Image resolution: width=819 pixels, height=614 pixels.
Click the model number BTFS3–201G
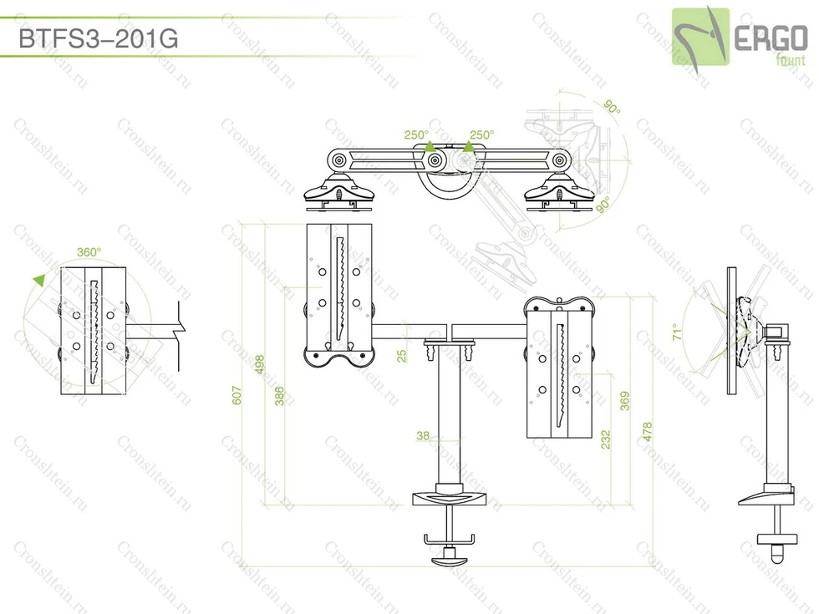[x=99, y=38]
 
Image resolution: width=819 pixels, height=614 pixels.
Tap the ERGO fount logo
[x=739, y=38]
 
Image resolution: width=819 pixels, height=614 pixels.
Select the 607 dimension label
[x=237, y=395]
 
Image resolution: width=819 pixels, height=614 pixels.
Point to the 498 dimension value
[x=260, y=364]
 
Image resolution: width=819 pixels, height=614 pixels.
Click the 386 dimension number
[x=279, y=396]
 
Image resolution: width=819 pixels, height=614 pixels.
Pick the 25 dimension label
[x=401, y=356]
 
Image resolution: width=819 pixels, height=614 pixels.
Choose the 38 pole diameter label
[x=423, y=435]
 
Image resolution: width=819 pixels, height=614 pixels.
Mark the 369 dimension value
[x=625, y=401]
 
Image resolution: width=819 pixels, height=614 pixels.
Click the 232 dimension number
[x=605, y=439]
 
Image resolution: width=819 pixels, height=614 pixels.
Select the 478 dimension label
[x=647, y=433]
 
